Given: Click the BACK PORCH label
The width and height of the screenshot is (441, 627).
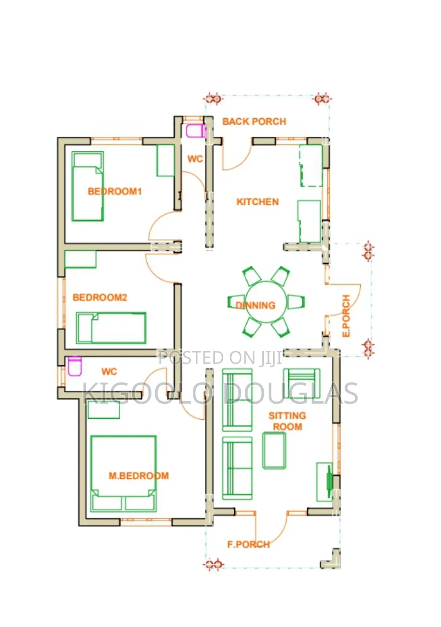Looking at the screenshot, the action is tap(254, 121).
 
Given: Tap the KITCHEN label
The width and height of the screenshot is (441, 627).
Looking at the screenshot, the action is tap(257, 202).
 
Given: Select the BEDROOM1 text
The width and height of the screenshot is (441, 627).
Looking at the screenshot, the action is tap(115, 192).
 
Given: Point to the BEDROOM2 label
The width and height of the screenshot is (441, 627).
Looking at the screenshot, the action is tap(100, 297).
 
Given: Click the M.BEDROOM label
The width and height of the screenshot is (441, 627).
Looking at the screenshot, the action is tap(139, 476).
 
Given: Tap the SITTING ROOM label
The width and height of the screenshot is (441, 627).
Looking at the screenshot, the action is tap(287, 421).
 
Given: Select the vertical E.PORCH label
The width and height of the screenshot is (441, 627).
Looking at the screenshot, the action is tap(346, 316).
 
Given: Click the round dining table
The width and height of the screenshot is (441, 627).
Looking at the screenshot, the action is tap(266, 302).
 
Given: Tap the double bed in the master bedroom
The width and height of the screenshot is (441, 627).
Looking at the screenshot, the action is tap(123, 473).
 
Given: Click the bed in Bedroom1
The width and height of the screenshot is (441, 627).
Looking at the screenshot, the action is tap(88, 187).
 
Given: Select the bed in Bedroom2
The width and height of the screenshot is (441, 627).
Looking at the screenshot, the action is tap(111, 328).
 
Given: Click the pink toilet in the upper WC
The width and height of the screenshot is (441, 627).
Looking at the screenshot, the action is tap(195, 131).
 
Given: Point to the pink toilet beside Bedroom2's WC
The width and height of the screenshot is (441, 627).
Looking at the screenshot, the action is tap(75, 366).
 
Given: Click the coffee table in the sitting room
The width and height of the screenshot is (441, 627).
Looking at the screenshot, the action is tap(274, 450).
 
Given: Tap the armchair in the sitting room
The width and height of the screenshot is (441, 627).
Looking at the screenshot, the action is tap(302, 383).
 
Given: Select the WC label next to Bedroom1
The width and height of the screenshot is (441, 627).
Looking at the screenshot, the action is tap(195, 159).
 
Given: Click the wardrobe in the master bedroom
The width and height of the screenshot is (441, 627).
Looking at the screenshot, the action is tap(104, 410).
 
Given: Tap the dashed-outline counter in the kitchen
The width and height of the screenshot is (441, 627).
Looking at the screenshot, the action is tap(311, 165).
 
